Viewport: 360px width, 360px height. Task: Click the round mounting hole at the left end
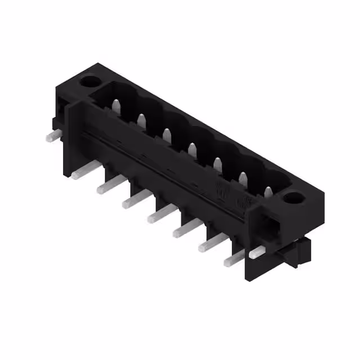pyautogui.click(x=89, y=82)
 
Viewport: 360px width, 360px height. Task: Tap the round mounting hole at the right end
pyautogui.click(x=292, y=198)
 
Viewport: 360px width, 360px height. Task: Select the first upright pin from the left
pyautogui.click(x=116, y=106)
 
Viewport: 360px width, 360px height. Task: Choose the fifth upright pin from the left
pyautogui.click(x=217, y=164)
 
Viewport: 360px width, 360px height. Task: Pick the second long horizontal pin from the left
pyautogui.click(x=109, y=184)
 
